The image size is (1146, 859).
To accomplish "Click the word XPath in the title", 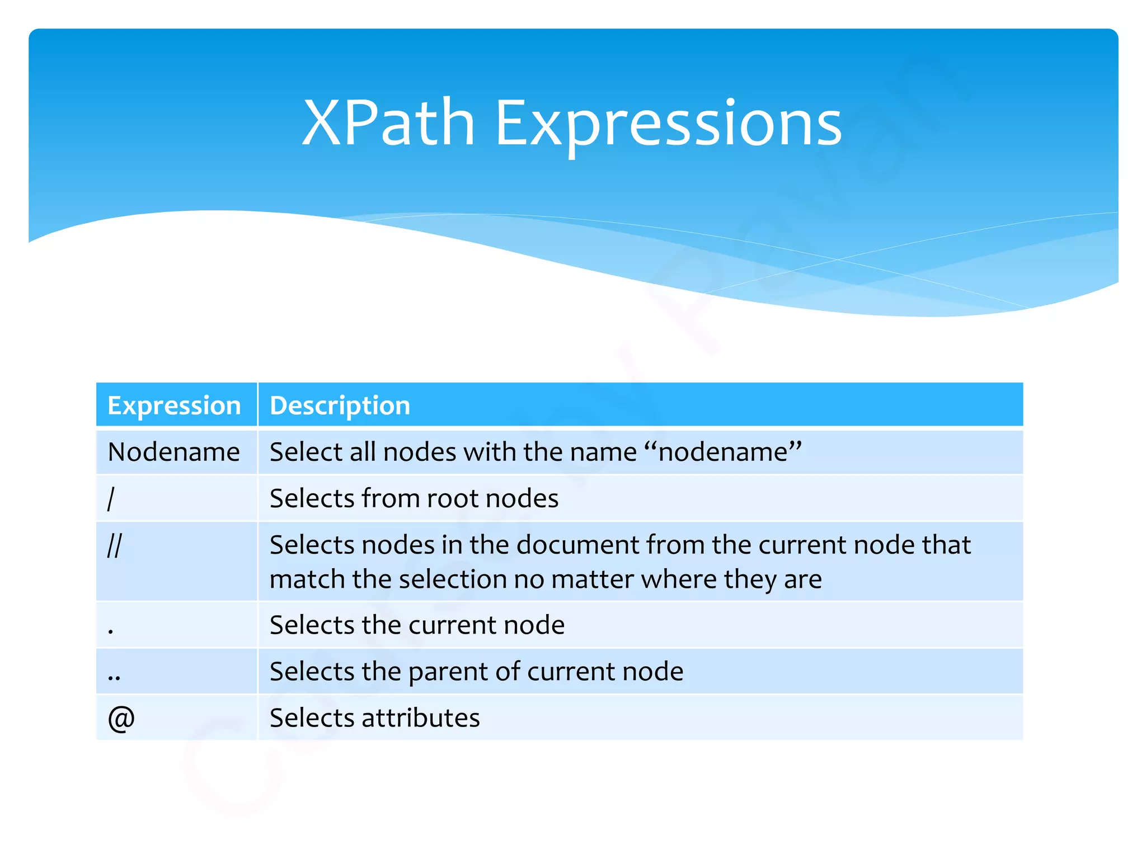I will click(x=388, y=122).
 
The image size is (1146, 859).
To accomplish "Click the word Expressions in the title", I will click(x=668, y=124).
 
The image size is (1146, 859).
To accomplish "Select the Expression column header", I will click(x=174, y=405).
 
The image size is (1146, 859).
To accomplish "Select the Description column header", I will click(x=340, y=405).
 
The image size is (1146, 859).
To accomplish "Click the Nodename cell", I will click(x=174, y=452).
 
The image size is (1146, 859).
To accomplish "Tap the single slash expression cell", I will click(x=111, y=498).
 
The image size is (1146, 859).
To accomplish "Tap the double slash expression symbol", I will click(x=114, y=545).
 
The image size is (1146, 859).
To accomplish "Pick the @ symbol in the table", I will click(x=121, y=718).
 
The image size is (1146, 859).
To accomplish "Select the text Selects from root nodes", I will click(x=414, y=498).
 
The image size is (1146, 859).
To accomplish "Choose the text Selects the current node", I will click(x=417, y=625).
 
